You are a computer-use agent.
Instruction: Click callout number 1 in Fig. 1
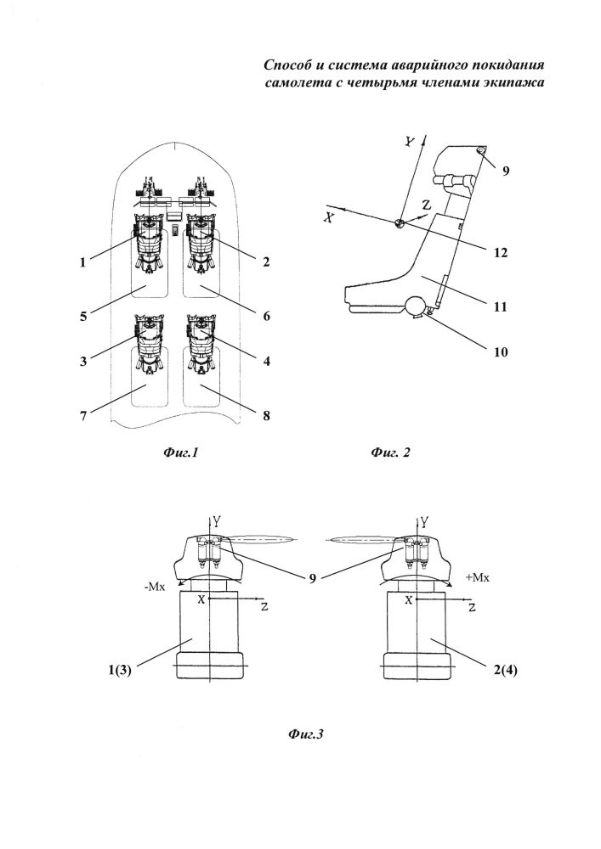click(x=83, y=262)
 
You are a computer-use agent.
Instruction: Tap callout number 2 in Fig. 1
click(x=266, y=262)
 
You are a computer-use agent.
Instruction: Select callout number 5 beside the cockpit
click(x=83, y=316)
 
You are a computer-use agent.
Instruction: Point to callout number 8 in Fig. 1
click(x=266, y=416)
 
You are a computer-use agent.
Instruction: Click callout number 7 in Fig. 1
click(x=83, y=416)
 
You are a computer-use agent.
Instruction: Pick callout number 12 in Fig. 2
click(x=501, y=252)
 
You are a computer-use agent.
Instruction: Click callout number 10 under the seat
click(x=501, y=352)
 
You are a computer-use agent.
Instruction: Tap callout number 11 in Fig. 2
click(x=501, y=306)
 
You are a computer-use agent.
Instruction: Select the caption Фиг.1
click(x=180, y=453)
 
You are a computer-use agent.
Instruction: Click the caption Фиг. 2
click(x=390, y=453)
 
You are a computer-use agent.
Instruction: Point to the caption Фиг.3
click(x=306, y=734)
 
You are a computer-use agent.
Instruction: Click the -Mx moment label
click(x=155, y=587)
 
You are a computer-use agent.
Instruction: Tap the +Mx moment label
click(x=478, y=577)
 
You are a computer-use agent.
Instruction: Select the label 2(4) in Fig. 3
click(x=505, y=671)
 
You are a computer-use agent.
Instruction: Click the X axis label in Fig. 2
click(x=327, y=216)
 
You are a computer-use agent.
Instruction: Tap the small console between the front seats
click(x=175, y=231)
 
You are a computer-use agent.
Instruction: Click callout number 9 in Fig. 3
click(x=313, y=578)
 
